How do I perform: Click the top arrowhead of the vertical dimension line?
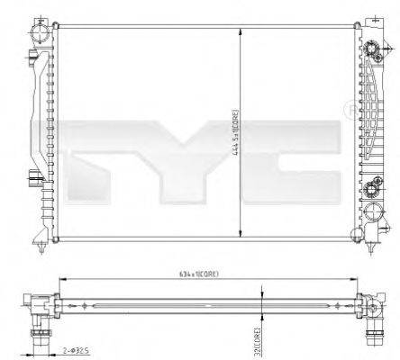point(241,28)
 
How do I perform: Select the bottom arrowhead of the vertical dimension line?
point(241,235)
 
